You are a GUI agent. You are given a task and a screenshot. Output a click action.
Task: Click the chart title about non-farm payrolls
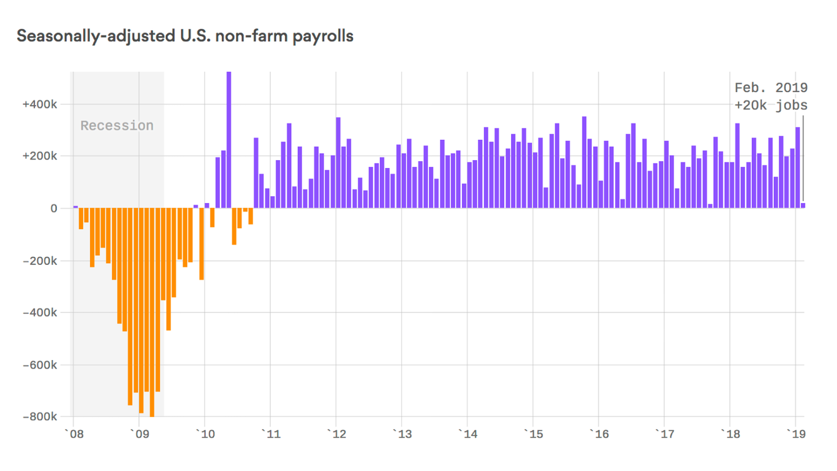coord(184,36)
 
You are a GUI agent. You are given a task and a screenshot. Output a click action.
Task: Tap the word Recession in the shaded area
coord(117,126)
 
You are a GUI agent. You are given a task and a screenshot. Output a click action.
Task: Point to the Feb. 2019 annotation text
coord(771,88)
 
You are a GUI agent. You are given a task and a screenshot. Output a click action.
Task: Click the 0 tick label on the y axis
coord(54,209)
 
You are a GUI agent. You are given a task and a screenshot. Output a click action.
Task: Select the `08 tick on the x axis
coord(73,434)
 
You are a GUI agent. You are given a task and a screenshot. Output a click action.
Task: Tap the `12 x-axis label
coord(335,434)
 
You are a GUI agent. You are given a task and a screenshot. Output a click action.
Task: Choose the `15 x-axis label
coord(532,434)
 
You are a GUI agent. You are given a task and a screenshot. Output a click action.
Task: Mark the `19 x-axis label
coord(795,434)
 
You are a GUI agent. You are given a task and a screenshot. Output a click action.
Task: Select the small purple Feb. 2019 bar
coord(803,205)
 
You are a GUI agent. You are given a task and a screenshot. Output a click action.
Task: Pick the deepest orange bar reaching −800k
coord(152,313)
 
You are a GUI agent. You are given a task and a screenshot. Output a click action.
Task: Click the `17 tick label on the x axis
coord(664,434)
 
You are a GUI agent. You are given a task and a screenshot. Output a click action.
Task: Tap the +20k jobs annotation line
coord(771,105)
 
